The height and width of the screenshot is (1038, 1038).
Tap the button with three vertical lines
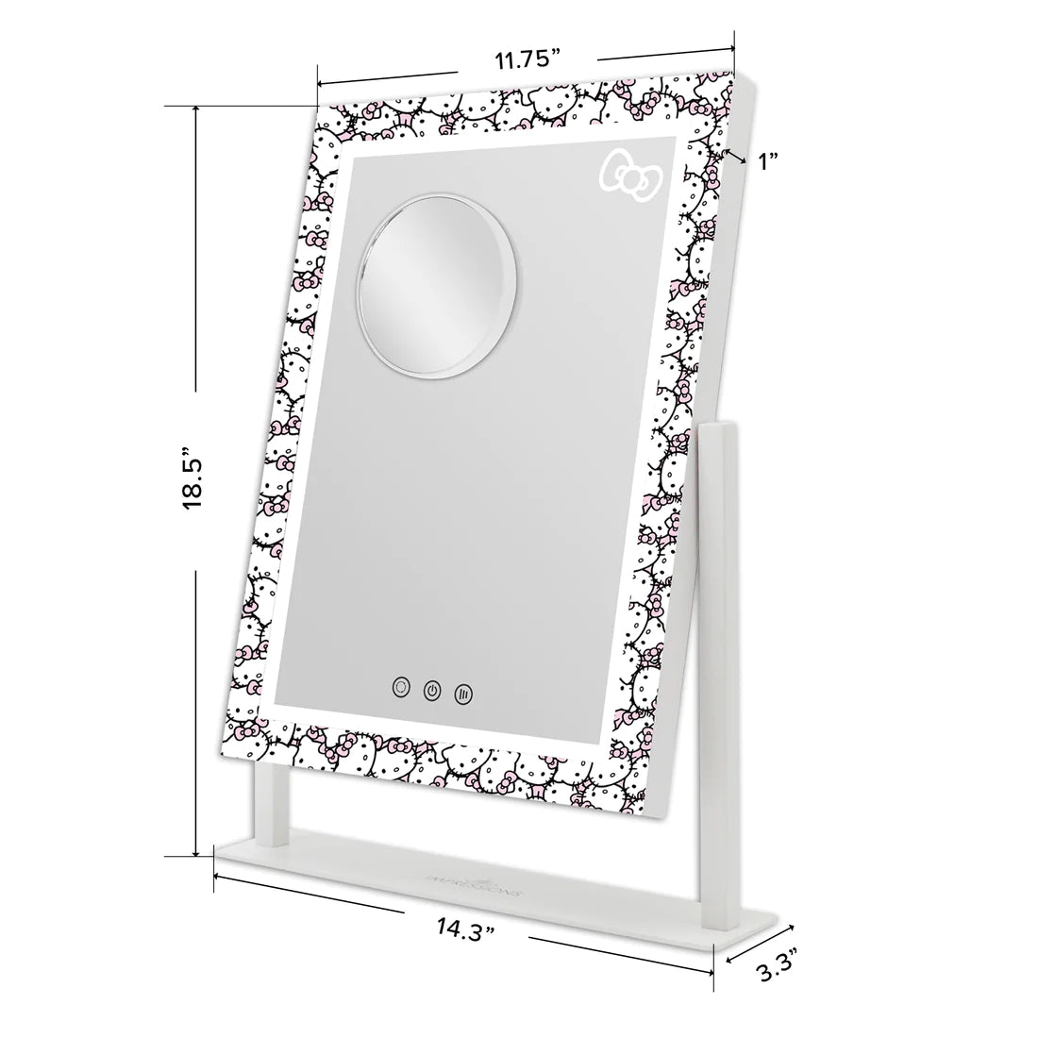(x=462, y=692)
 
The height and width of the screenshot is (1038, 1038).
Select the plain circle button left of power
(x=401, y=688)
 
